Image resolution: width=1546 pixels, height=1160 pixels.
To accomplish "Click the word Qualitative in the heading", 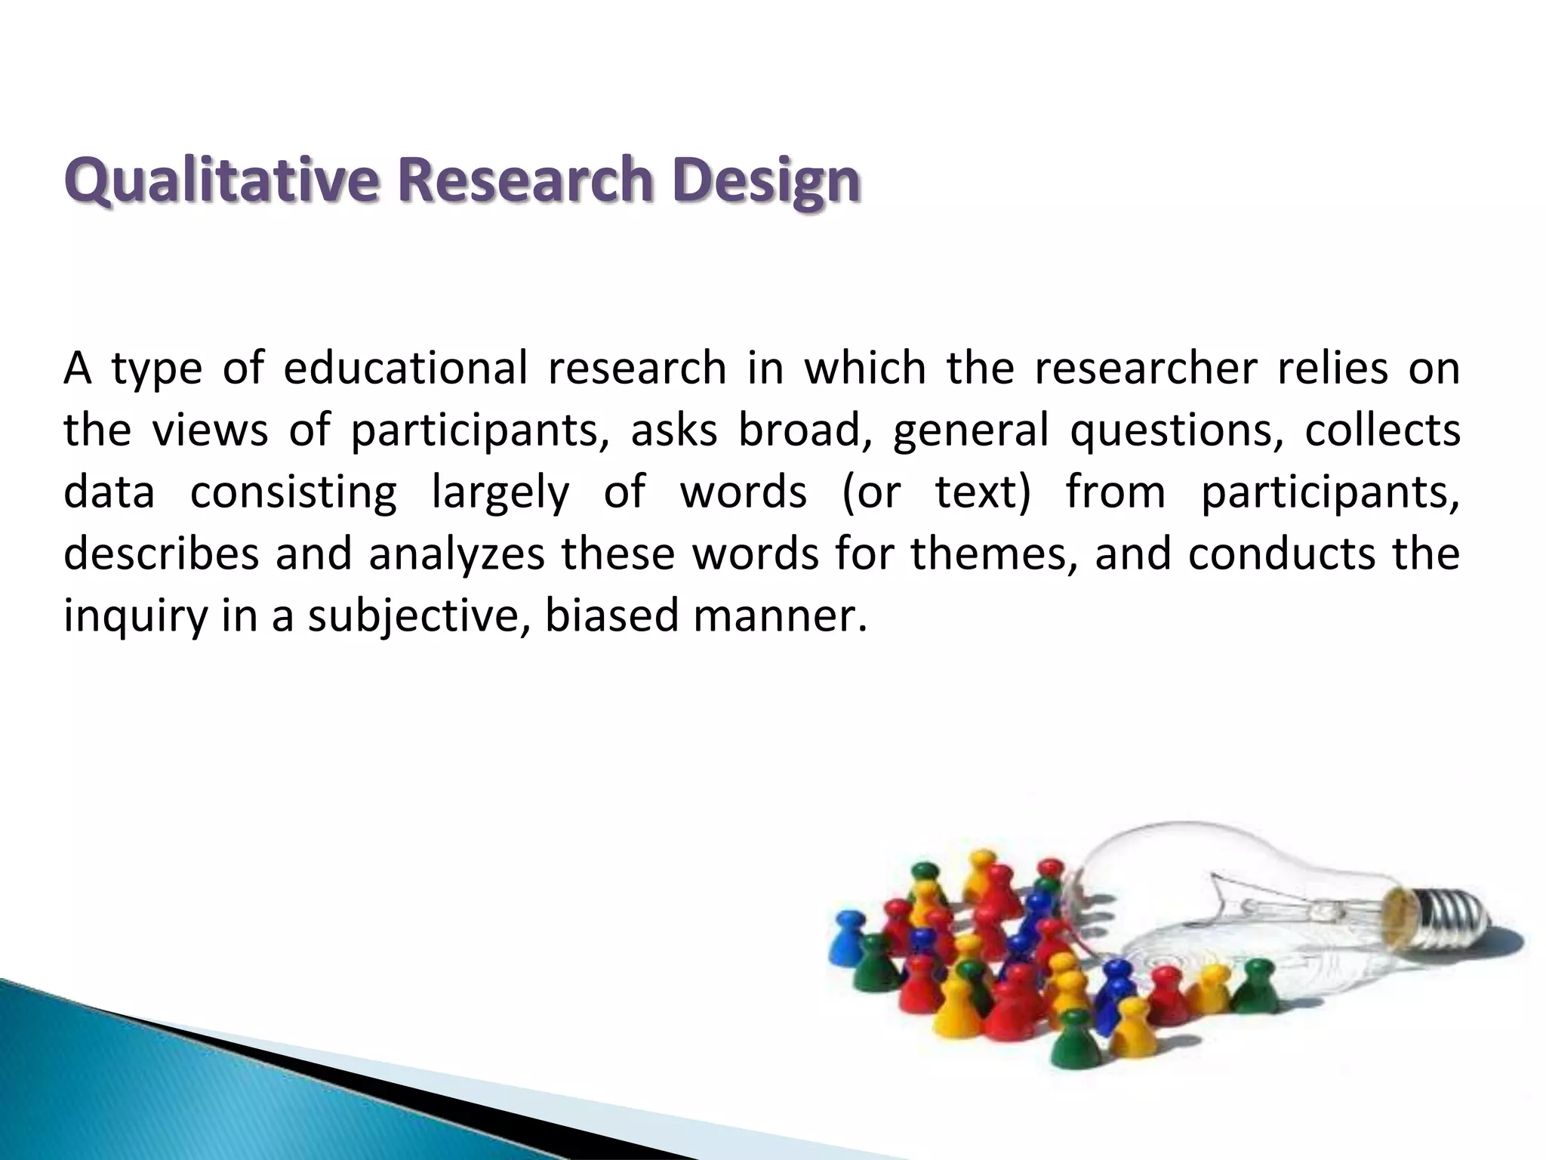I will coord(220,181).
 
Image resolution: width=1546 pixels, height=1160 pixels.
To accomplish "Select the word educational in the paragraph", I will coord(405,369).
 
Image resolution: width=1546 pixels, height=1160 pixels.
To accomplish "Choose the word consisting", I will coord(293,492).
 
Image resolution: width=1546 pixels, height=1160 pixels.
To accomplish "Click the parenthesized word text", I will coord(982,492).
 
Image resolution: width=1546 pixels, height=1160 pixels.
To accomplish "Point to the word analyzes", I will coord(457,555).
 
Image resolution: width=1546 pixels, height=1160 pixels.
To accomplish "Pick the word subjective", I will coord(418,616).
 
